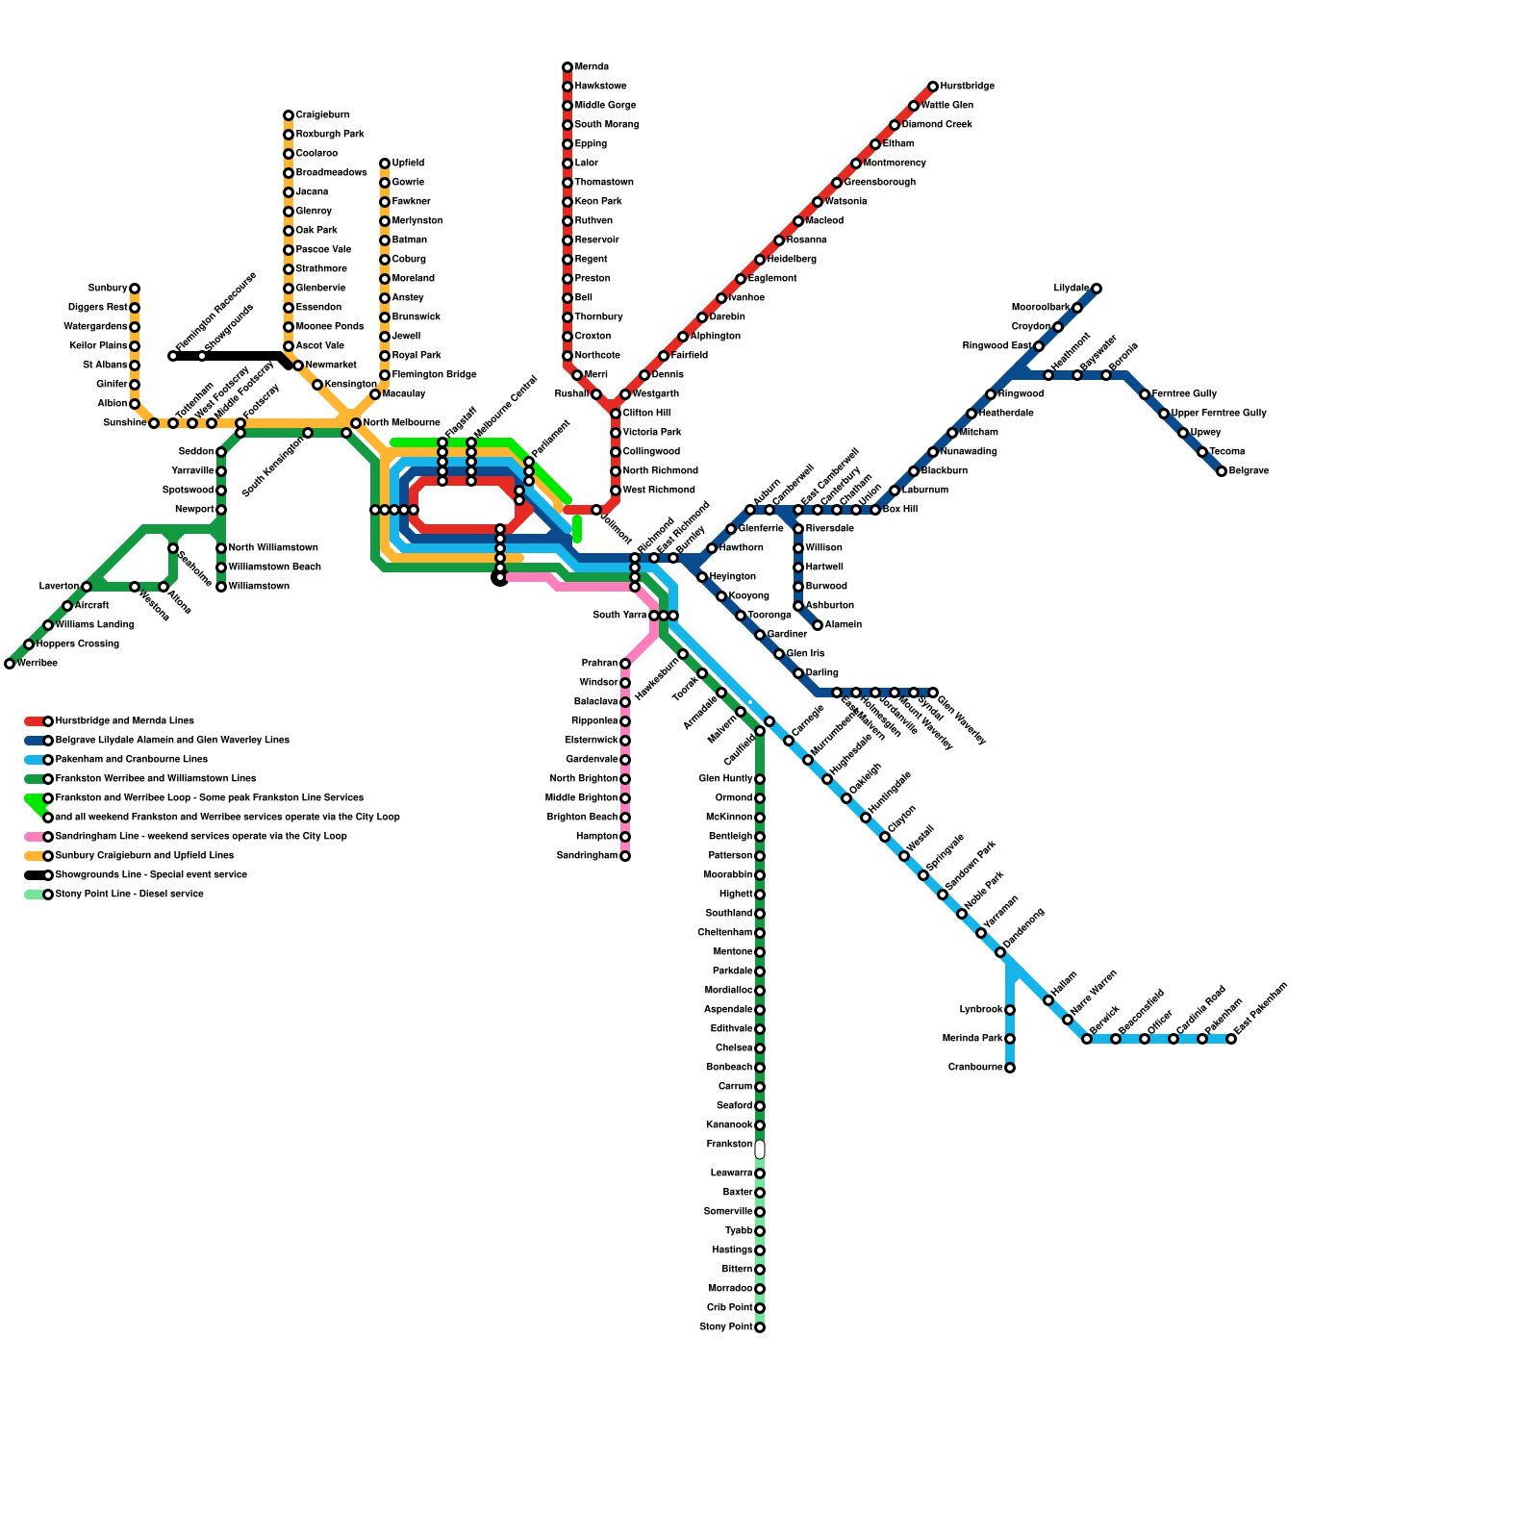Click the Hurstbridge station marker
(x=933, y=87)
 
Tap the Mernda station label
(x=592, y=67)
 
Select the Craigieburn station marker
(x=289, y=115)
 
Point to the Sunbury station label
(x=108, y=289)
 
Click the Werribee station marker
(x=10, y=664)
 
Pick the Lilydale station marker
(x=1097, y=289)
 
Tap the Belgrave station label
(x=1249, y=471)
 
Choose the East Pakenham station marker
(x=1231, y=1039)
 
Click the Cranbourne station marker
(x=1010, y=1068)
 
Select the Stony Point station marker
(x=760, y=1327)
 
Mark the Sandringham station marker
(x=625, y=856)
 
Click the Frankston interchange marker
(x=760, y=1149)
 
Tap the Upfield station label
(x=408, y=164)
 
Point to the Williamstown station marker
(x=221, y=587)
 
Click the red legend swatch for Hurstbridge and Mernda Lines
(x=34, y=721)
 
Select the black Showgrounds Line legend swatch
(x=34, y=875)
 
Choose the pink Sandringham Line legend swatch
(x=34, y=837)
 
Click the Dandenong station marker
(x=1000, y=952)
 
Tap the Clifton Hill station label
(x=646, y=414)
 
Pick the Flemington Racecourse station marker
(x=173, y=356)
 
